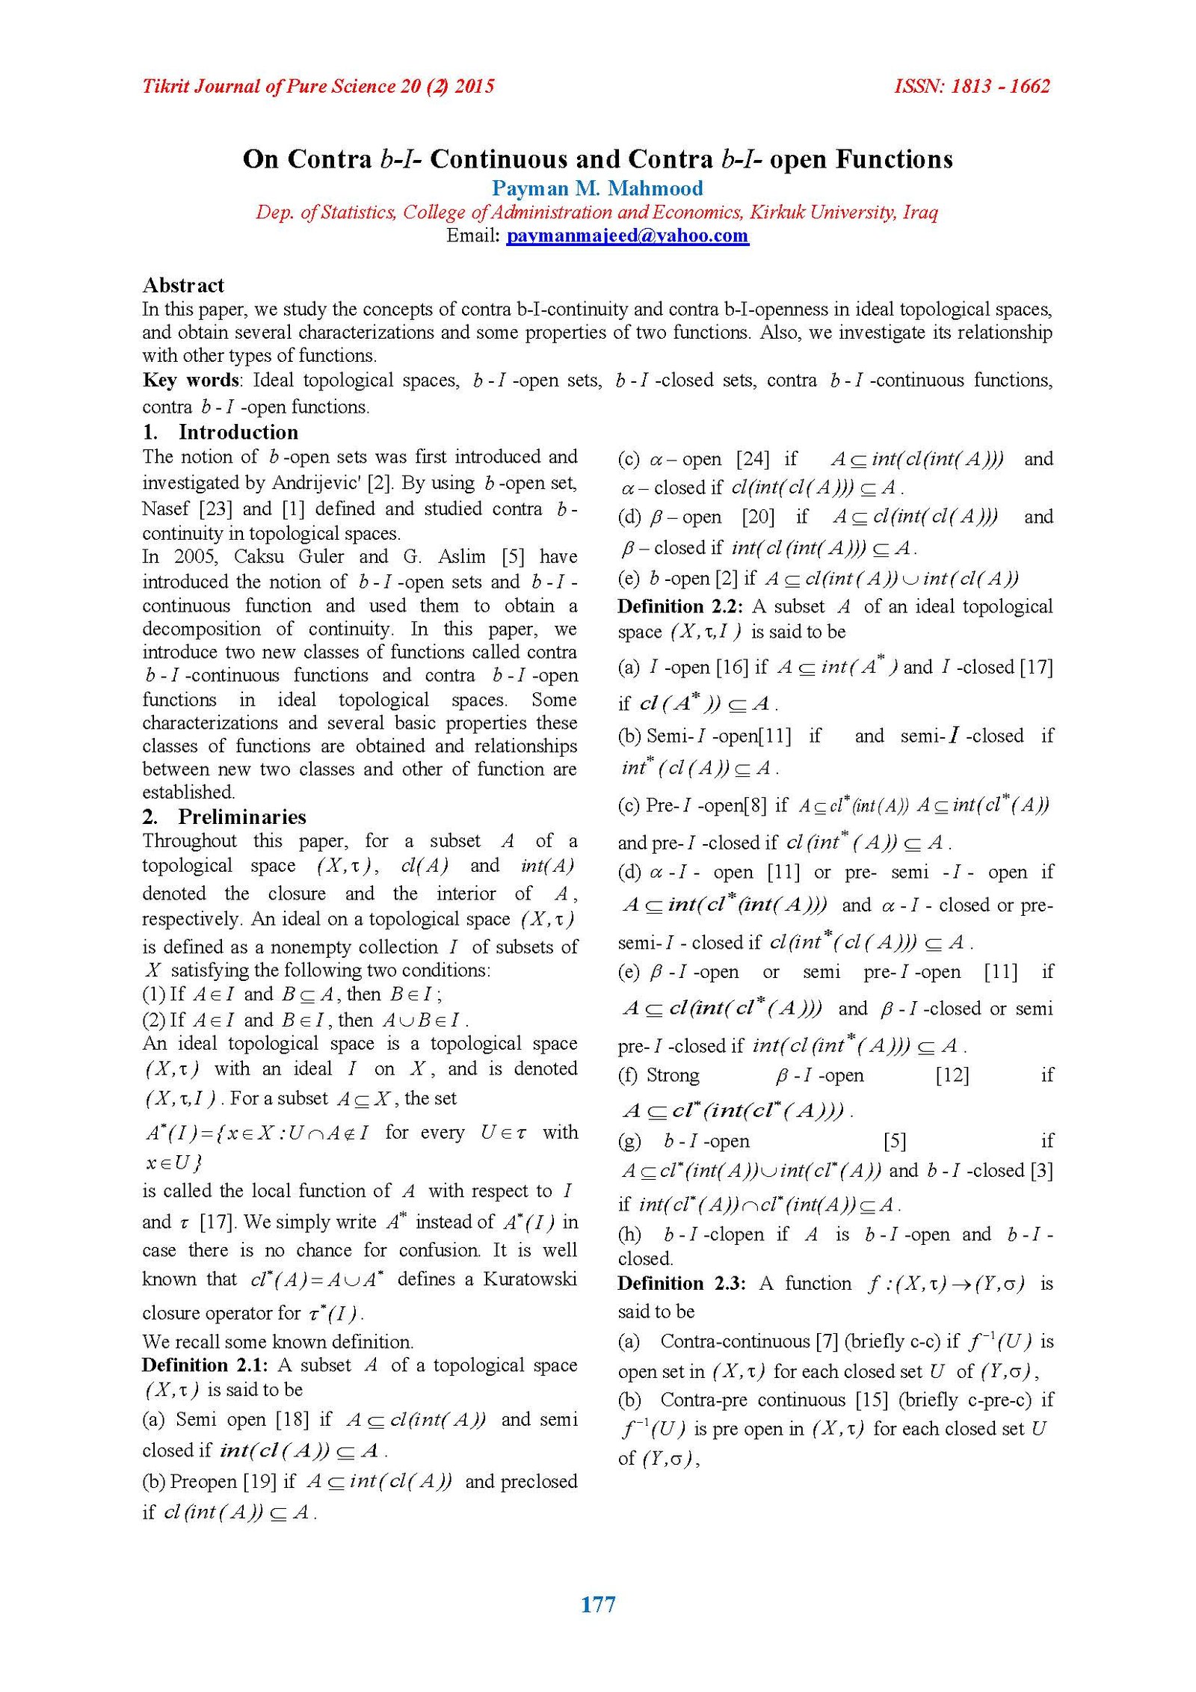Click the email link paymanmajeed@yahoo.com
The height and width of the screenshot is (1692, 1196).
pyautogui.click(x=627, y=236)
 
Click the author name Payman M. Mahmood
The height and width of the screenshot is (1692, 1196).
pyautogui.click(x=597, y=188)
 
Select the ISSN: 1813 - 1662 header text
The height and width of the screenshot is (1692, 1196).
pyautogui.click(x=972, y=87)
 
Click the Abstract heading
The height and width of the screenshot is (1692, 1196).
pyautogui.click(x=183, y=285)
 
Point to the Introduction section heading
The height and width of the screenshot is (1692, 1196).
pyautogui.click(x=238, y=432)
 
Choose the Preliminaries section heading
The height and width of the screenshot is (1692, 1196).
pyautogui.click(x=242, y=816)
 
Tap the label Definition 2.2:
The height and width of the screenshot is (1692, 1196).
pyautogui.click(x=680, y=606)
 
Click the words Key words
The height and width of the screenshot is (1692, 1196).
pyautogui.click(x=191, y=381)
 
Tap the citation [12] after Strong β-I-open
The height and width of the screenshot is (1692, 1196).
pyautogui.click(x=952, y=1075)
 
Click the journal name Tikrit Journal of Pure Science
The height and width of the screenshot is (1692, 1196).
pyautogui.click(x=268, y=87)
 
